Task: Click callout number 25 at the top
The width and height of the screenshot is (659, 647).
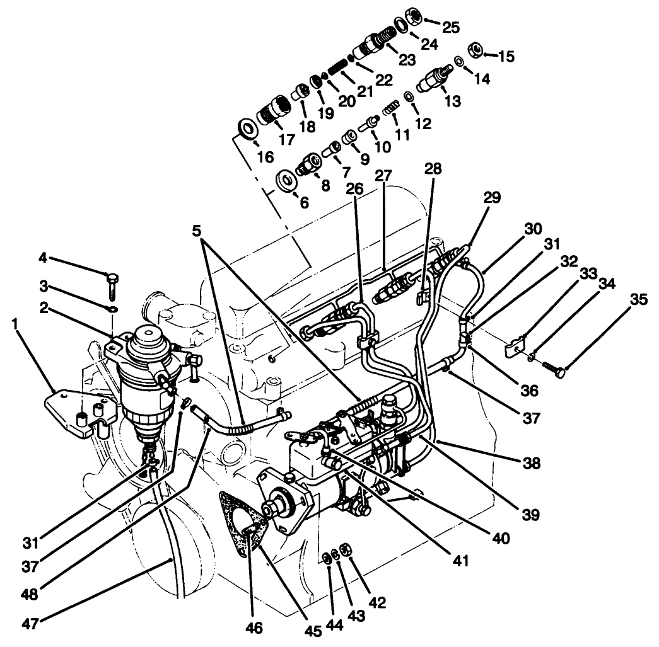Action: click(x=451, y=27)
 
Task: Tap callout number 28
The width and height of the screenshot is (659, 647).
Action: click(x=433, y=169)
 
